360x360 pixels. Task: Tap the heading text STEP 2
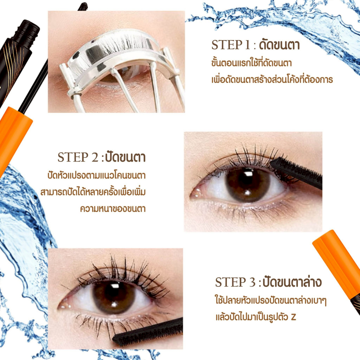[78, 157]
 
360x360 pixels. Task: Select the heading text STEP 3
[235, 282]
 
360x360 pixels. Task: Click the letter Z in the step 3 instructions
[293, 317]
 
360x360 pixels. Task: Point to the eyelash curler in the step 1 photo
[120, 66]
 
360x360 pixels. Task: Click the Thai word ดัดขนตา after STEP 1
[279, 45]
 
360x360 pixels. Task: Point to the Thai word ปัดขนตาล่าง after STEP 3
[292, 282]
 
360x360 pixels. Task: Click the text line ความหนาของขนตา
[113, 209]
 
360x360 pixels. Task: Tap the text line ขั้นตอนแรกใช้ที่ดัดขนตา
[251, 63]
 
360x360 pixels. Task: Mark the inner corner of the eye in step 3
[61, 307]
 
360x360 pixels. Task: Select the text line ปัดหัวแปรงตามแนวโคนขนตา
[96, 175]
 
